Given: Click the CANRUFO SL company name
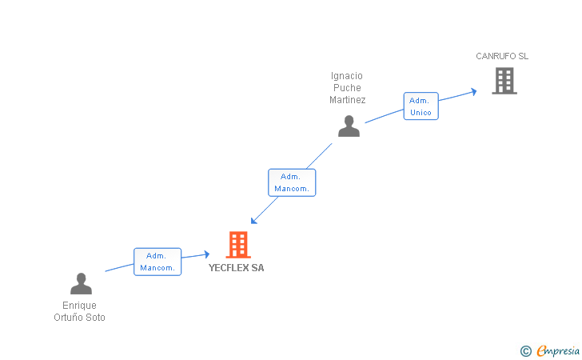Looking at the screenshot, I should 502,56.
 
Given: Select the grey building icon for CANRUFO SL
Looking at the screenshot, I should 504,81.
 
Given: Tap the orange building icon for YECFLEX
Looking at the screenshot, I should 238,245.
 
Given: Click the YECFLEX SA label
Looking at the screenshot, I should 236,268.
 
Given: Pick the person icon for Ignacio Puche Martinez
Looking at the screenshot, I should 349,126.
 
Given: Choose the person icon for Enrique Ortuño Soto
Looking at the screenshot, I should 81,284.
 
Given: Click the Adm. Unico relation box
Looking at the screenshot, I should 421,106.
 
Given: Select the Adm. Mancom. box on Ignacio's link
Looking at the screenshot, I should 292,182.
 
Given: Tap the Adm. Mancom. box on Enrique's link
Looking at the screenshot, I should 157,262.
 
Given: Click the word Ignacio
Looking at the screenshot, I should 347,76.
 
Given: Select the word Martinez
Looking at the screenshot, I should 348,100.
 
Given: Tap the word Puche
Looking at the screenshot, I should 348,88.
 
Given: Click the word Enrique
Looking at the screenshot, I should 79,306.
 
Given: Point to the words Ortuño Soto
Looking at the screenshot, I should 79,318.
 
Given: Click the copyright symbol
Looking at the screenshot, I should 525,350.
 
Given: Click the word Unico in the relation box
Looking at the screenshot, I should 421,113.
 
